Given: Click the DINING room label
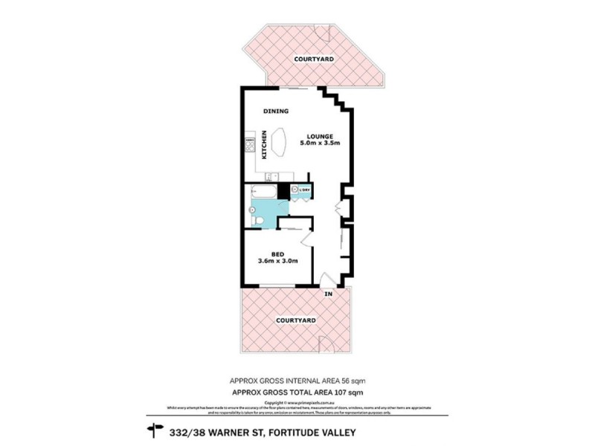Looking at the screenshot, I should [277, 111].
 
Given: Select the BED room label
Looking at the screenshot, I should [277, 252].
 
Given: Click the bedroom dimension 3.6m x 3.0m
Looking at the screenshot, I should [277, 261].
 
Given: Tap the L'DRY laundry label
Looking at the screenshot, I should [305, 191].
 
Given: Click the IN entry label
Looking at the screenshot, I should [328, 294].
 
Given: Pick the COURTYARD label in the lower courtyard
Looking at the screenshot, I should [295, 320].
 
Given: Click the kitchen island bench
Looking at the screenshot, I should [280, 143].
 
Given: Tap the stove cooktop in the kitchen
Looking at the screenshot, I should [251, 140].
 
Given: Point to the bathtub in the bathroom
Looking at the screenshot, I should [264, 192].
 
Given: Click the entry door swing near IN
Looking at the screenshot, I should [325, 281].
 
